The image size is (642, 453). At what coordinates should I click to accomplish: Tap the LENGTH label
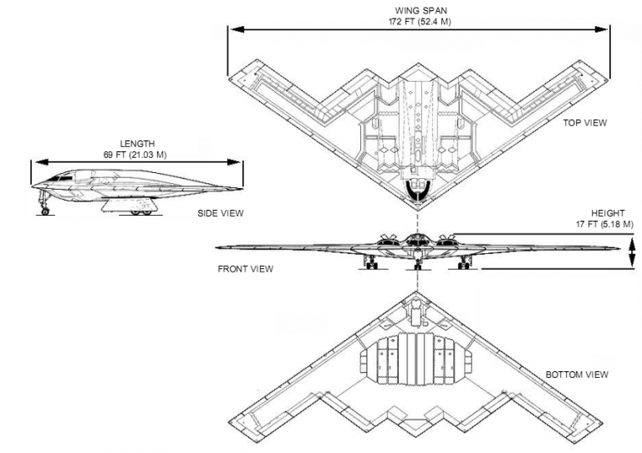point(137,144)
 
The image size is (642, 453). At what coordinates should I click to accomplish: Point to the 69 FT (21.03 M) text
point(137,155)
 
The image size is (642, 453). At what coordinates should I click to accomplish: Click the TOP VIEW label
point(584,123)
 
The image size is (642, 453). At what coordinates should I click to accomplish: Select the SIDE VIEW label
point(221,213)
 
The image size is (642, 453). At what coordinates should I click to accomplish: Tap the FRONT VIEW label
point(246,269)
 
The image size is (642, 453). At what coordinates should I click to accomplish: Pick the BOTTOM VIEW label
point(578,374)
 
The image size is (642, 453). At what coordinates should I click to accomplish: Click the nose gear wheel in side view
point(44,211)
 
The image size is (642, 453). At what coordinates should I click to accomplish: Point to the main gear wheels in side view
point(140,211)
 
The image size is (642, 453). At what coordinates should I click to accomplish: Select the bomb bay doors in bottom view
point(415,360)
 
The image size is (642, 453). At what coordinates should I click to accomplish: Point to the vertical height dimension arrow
point(632,252)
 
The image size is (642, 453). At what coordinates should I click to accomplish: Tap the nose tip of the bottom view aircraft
point(415,293)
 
